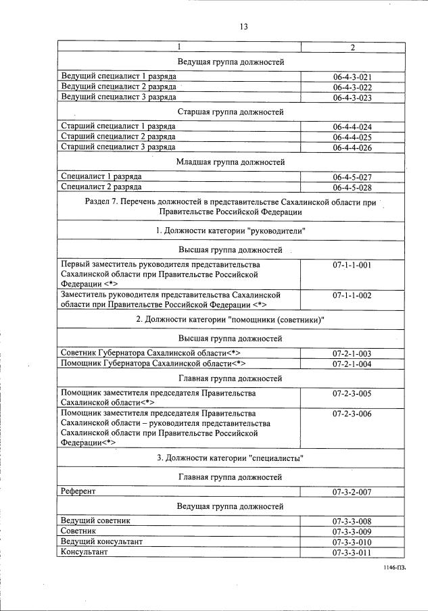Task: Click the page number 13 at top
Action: pos(243,27)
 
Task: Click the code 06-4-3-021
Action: pos(352,77)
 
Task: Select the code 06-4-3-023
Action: pos(352,97)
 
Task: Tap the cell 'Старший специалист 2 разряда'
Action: pos(118,137)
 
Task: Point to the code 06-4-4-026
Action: pos(352,147)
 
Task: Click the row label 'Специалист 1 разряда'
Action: pos(101,176)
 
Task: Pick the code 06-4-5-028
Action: pos(352,187)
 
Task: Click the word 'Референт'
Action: pos(78,492)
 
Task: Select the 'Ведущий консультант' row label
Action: pos(101,542)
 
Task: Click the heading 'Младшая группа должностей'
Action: pos(230,162)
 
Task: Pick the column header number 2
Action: pos(352,47)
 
